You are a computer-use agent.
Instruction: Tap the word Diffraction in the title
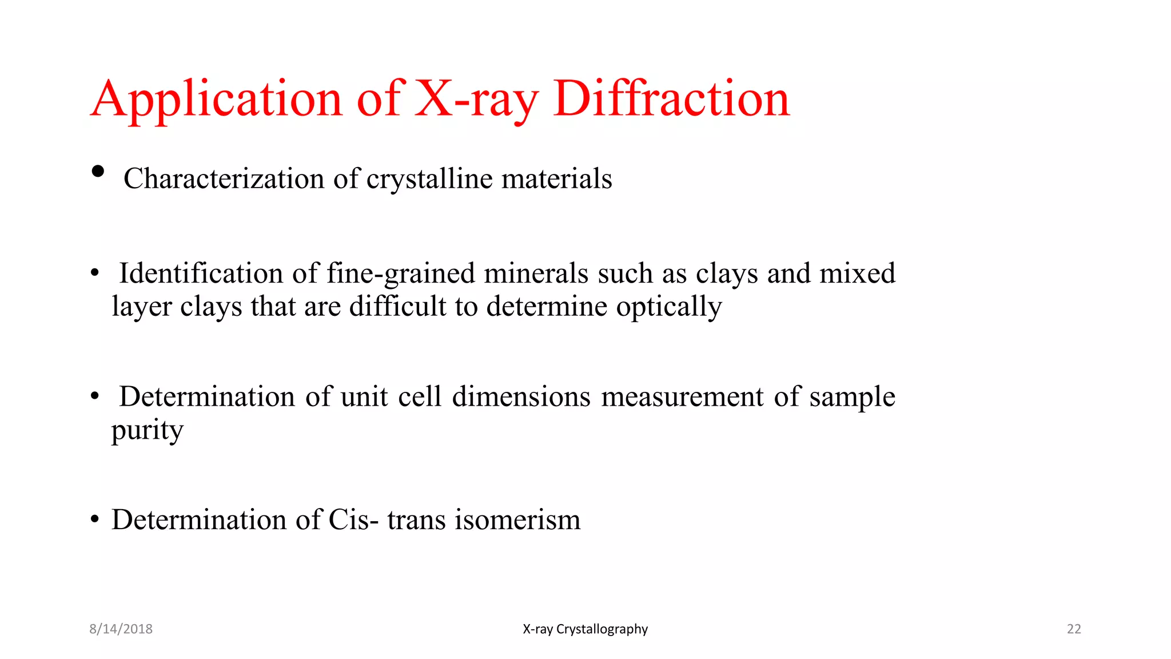tap(671, 99)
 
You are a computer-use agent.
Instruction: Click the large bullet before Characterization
tap(98, 171)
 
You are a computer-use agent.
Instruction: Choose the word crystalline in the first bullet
tap(429, 178)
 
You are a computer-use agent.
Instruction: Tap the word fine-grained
tap(400, 273)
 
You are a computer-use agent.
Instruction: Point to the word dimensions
tap(521, 396)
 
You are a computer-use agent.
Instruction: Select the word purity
tap(148, 430)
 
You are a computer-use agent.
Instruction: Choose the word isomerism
tap(517, 519)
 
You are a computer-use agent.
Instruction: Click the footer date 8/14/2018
tap(121, 629)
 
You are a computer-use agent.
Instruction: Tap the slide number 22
tap(1074, 629)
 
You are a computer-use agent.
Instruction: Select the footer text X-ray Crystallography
tap(585, 629)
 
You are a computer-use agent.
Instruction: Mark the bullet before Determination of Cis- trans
tap(95, 519)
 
